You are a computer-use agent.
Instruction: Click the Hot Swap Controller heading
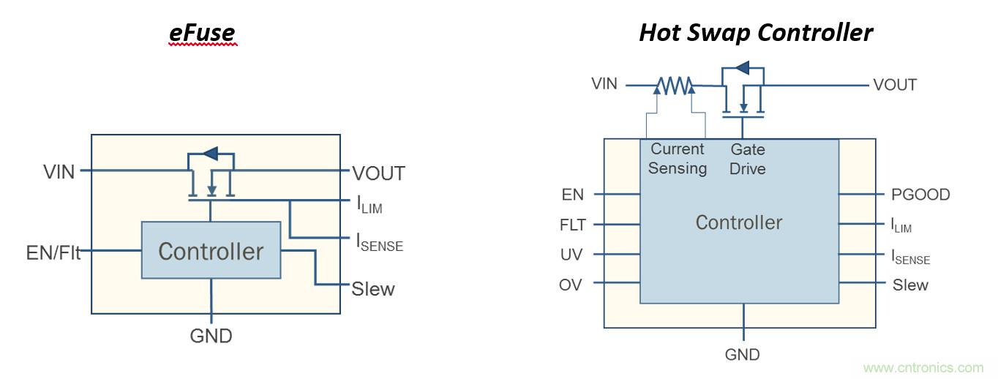(x=756, y=33)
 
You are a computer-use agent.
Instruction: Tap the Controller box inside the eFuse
(x=211, y=251)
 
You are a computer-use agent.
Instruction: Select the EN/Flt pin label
(x=53, y=254)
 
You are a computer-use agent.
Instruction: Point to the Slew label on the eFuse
(x=373, y=289)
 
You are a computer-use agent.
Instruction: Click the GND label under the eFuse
(x=211, y=336)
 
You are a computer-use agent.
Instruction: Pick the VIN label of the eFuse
(x=59, y=173)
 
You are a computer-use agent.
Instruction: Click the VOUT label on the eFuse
(x=378, y=173)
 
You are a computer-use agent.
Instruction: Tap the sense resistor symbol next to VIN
(x=674, y=87)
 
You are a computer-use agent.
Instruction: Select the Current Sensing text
(x=678, y=159)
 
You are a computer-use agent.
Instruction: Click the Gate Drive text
(x=748, y=159)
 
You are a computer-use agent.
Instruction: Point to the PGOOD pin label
(x=921, y=195)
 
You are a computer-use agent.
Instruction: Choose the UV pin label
(x=571, y=255)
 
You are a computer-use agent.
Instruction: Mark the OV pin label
(x=571, y=285)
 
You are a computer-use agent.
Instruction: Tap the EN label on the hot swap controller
(x=573, y=195)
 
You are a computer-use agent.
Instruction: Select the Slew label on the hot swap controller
(x=910, y=285)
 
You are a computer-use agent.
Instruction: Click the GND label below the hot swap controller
(x=743, y=355)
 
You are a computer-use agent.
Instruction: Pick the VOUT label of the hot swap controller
(x=895, y=85)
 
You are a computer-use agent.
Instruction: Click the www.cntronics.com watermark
(x=923, y=367)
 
